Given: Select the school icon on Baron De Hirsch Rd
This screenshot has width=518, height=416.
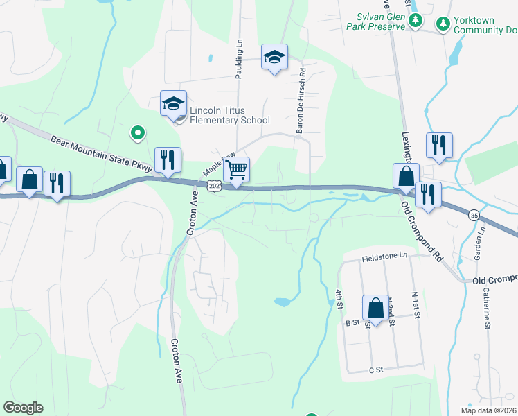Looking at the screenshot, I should pos(274,58).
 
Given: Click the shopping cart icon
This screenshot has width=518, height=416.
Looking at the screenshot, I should pos(237,169).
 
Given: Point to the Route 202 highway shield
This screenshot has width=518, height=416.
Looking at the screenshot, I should pos(213,186).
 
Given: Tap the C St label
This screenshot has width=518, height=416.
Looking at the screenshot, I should pos(376,370).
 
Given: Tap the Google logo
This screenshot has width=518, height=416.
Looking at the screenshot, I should pos(23,408).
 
